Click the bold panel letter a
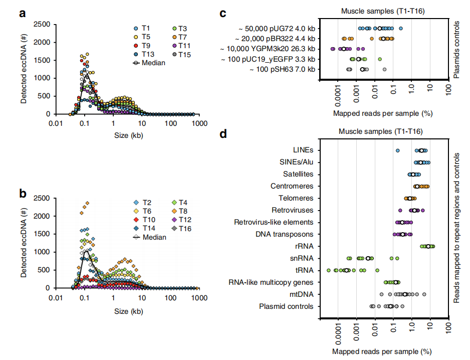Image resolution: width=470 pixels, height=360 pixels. point(23,14)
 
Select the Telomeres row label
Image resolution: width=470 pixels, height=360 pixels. point(296,198)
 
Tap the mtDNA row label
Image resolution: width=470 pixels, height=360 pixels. point(301,294)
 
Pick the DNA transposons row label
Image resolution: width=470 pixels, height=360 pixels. point(285,234)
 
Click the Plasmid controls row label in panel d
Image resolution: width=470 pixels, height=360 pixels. point(286,306)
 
